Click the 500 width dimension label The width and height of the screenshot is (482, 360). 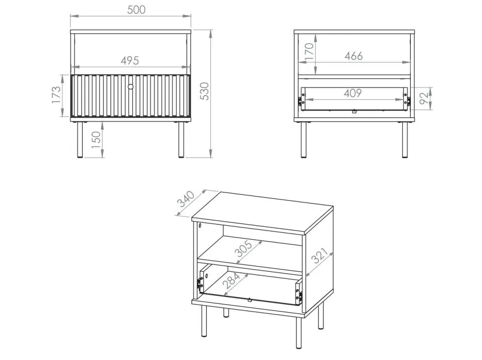[x=136, y=10]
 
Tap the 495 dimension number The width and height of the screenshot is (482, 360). [x=130, y=61]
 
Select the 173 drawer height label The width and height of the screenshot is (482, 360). [x=56, y=94]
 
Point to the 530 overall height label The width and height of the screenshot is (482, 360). [x=204, y=91]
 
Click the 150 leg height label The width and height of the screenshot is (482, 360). [x=96, y=140]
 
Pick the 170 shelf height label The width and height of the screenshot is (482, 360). [x=309, y=51]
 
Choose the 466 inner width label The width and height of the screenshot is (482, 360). [x=354, y=56]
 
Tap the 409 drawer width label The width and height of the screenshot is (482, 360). [x=353, y=93]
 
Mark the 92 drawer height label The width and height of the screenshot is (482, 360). [x=424, y=98]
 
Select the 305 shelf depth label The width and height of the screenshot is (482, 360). [x=244, y=249]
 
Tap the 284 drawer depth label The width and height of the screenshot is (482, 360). [x=231, y=281]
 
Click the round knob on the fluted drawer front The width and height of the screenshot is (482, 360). [x=131, y=87]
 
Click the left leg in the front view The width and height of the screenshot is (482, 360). [x=80, y=140]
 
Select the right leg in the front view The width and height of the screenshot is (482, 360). [x=181, y=140]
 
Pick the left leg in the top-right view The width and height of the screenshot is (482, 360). [x=304, y=140]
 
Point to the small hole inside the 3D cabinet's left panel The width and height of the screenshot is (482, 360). [x=200, y=225]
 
